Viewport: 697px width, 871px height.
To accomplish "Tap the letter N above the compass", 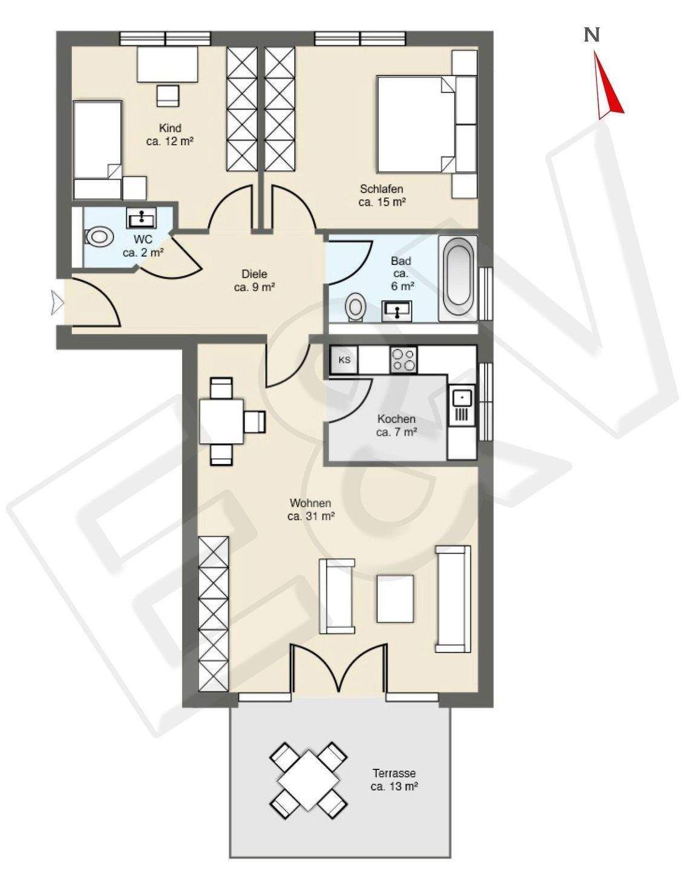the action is click(592, 36).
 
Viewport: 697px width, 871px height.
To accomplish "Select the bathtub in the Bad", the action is click(458, 278).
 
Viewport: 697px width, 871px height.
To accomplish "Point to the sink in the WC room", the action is click(142, 218).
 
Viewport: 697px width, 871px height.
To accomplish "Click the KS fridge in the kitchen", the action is click(344, 360).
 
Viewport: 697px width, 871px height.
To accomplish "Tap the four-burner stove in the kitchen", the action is click(404, 360).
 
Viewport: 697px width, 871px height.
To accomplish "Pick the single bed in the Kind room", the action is click(97, 150).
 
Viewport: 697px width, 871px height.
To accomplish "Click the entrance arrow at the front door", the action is click(57, 302).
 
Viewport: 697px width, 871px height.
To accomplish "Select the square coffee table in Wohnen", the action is click(395, 599).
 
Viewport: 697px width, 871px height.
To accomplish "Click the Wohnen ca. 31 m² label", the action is click(310, 509).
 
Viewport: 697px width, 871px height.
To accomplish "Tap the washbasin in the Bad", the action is click(397, 312).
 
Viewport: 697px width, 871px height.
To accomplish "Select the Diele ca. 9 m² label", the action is click(255, 281).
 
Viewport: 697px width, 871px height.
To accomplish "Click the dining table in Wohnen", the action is click(221, 422).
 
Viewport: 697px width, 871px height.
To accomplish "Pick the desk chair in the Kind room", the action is click(168, 96).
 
